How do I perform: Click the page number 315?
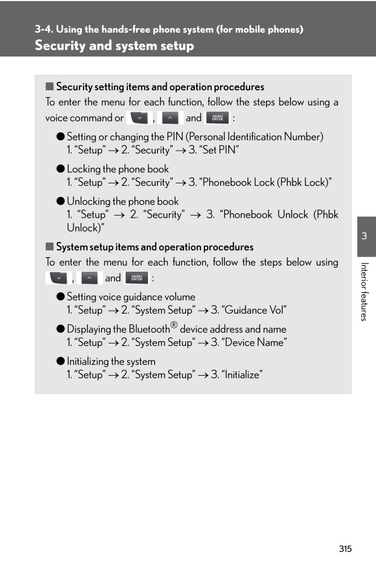click(346, 549)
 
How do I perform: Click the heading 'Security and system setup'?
click(114, 46)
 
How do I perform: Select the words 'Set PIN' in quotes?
click(221, 150)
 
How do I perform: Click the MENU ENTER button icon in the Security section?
click(217, 118)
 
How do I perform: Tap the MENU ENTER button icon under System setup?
click(136, 278)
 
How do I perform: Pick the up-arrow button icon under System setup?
click(89, 278)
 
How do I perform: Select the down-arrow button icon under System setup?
click(58, 278)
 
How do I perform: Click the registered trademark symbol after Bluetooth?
click(174, 325)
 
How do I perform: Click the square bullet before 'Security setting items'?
click(49, 87)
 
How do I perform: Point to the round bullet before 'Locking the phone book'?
click(60, 169)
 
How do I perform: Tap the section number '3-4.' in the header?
click(43, 29)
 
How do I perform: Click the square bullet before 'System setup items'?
click(49, 247)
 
